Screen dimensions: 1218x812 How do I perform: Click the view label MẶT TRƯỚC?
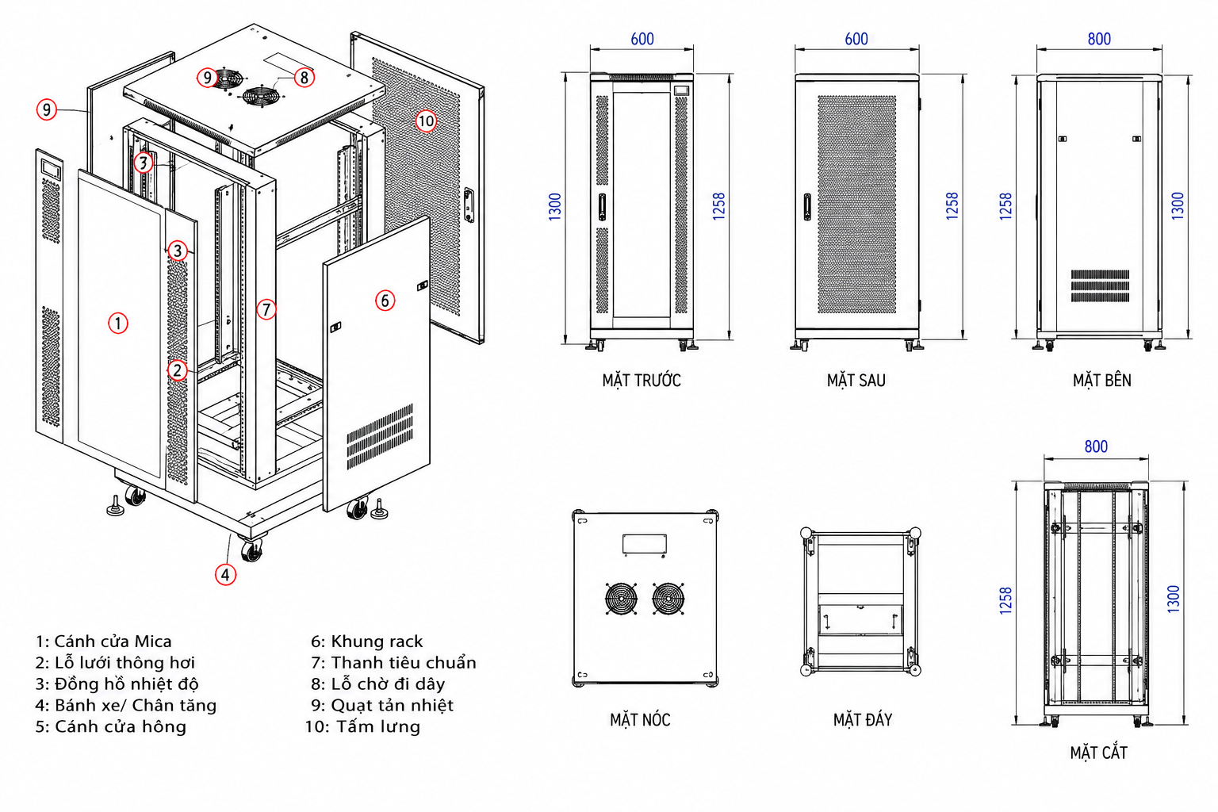pos(641,380)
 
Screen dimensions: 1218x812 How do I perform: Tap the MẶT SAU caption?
pos(856,380)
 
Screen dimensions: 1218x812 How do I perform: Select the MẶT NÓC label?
pos(640,719)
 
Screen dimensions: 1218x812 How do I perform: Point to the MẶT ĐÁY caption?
pos(863,719)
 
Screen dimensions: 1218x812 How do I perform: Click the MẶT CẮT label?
pos(1098,753)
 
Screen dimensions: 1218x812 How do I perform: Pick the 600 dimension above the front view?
pos(642,39)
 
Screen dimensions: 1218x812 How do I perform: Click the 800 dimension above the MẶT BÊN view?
pos(1099,39)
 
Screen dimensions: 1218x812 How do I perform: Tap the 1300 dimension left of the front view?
pos(554,207)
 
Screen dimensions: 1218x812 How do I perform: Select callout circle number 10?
pos(426,121)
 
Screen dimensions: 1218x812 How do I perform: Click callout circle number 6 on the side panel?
pos(385,301)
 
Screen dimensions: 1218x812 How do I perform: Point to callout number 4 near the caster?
pos(226,574)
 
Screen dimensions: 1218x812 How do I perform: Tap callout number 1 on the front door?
pos(118,323)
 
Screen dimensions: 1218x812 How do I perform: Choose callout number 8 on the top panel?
pos(304,78)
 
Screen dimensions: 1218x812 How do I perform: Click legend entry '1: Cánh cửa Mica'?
pos(103,642)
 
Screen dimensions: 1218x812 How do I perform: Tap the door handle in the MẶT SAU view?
pos(807,207)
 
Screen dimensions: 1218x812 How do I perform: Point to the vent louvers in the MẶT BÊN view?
pos(1100,285)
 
